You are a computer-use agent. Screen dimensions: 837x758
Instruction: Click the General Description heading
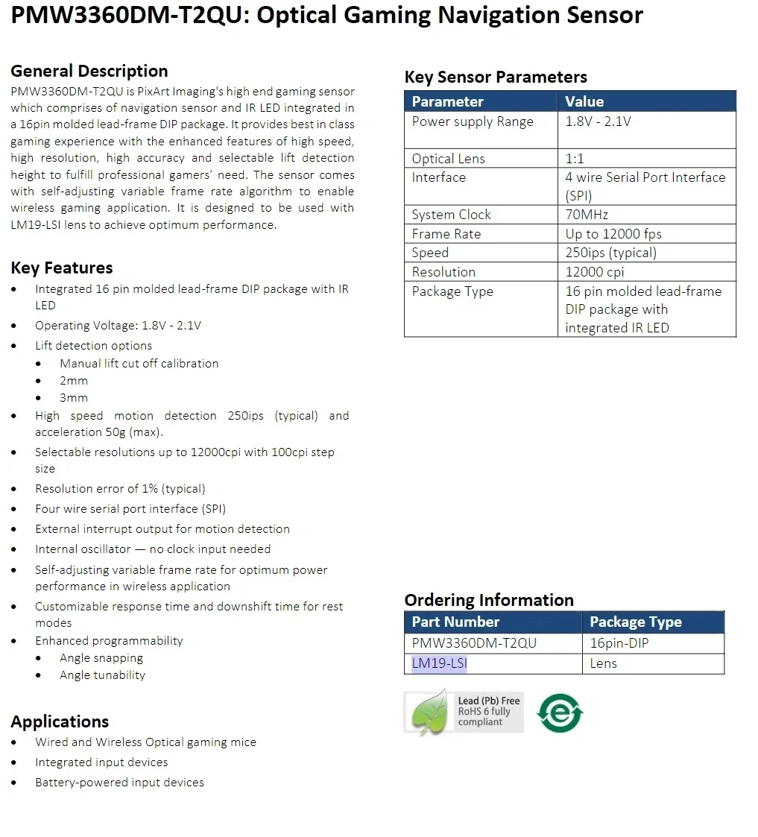point(89,72)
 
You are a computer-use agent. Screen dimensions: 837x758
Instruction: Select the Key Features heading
point(62,268)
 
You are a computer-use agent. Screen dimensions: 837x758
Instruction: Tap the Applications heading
point(60,721)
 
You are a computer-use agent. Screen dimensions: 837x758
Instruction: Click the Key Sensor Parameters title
point(496,78)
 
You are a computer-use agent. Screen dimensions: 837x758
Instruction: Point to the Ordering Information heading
point(489,600)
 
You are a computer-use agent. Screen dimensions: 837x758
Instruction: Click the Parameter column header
point(447,102)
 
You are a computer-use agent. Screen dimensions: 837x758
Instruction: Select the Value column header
point(584,102)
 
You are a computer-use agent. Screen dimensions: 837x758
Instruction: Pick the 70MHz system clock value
point(587,215)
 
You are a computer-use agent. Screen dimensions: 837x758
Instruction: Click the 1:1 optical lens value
point(575,159)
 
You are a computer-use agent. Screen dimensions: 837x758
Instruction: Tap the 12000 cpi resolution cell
point(595,272)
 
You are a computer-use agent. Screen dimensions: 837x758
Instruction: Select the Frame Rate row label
point(446,234)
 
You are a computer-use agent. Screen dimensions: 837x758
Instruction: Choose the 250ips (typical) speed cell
point(610,253)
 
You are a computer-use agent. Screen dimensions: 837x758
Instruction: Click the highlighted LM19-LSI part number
point(440,663)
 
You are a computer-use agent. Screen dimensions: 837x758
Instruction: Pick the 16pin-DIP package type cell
point(619,643)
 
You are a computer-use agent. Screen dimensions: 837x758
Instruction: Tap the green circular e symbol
point(560,713)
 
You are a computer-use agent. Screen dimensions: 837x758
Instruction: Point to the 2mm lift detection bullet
point(74,381)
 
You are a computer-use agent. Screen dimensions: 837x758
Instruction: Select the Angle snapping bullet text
point(101,658)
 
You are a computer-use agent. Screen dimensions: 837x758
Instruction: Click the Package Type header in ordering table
point(635,622)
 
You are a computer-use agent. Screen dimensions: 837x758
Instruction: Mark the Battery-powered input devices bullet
point(119,783)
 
